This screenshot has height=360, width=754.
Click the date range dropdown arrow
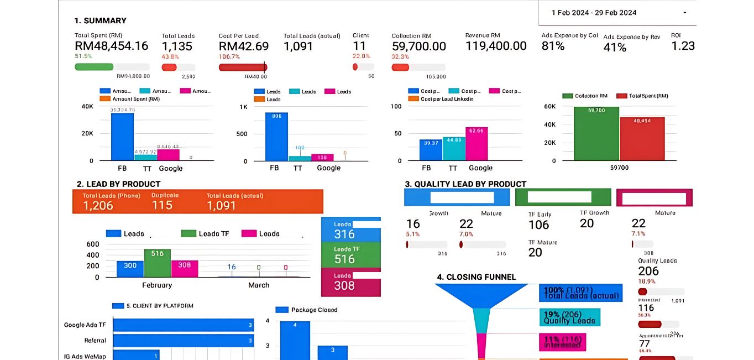click(x=685, y=13)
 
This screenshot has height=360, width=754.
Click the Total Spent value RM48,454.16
click(x=111, y=46)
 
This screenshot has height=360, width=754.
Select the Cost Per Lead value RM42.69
click(x=244, y=46)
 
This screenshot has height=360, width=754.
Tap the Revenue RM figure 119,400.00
click(x=496, y=46)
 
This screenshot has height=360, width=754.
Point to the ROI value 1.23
click(x=683, y=46)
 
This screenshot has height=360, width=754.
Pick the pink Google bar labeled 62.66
click(x=477, y=144)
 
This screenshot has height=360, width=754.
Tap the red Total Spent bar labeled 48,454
click(x=642, y=138)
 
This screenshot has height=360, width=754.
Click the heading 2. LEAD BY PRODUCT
click(x=118, y=184)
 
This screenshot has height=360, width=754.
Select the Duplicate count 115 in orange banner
click(x=162, y=205)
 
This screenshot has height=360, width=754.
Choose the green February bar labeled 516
click(x=158, y=263)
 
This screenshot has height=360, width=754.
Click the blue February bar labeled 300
click(x=130, y=269)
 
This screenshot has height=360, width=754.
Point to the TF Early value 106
click(x=538, y=225)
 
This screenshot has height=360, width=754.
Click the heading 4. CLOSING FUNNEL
click(x=477, y=277)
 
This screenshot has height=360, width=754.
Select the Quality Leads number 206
click(x=648, y=271)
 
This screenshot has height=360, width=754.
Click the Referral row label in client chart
click(x=95, y=341)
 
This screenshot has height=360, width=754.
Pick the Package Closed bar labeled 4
click(x=295, y=340)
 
